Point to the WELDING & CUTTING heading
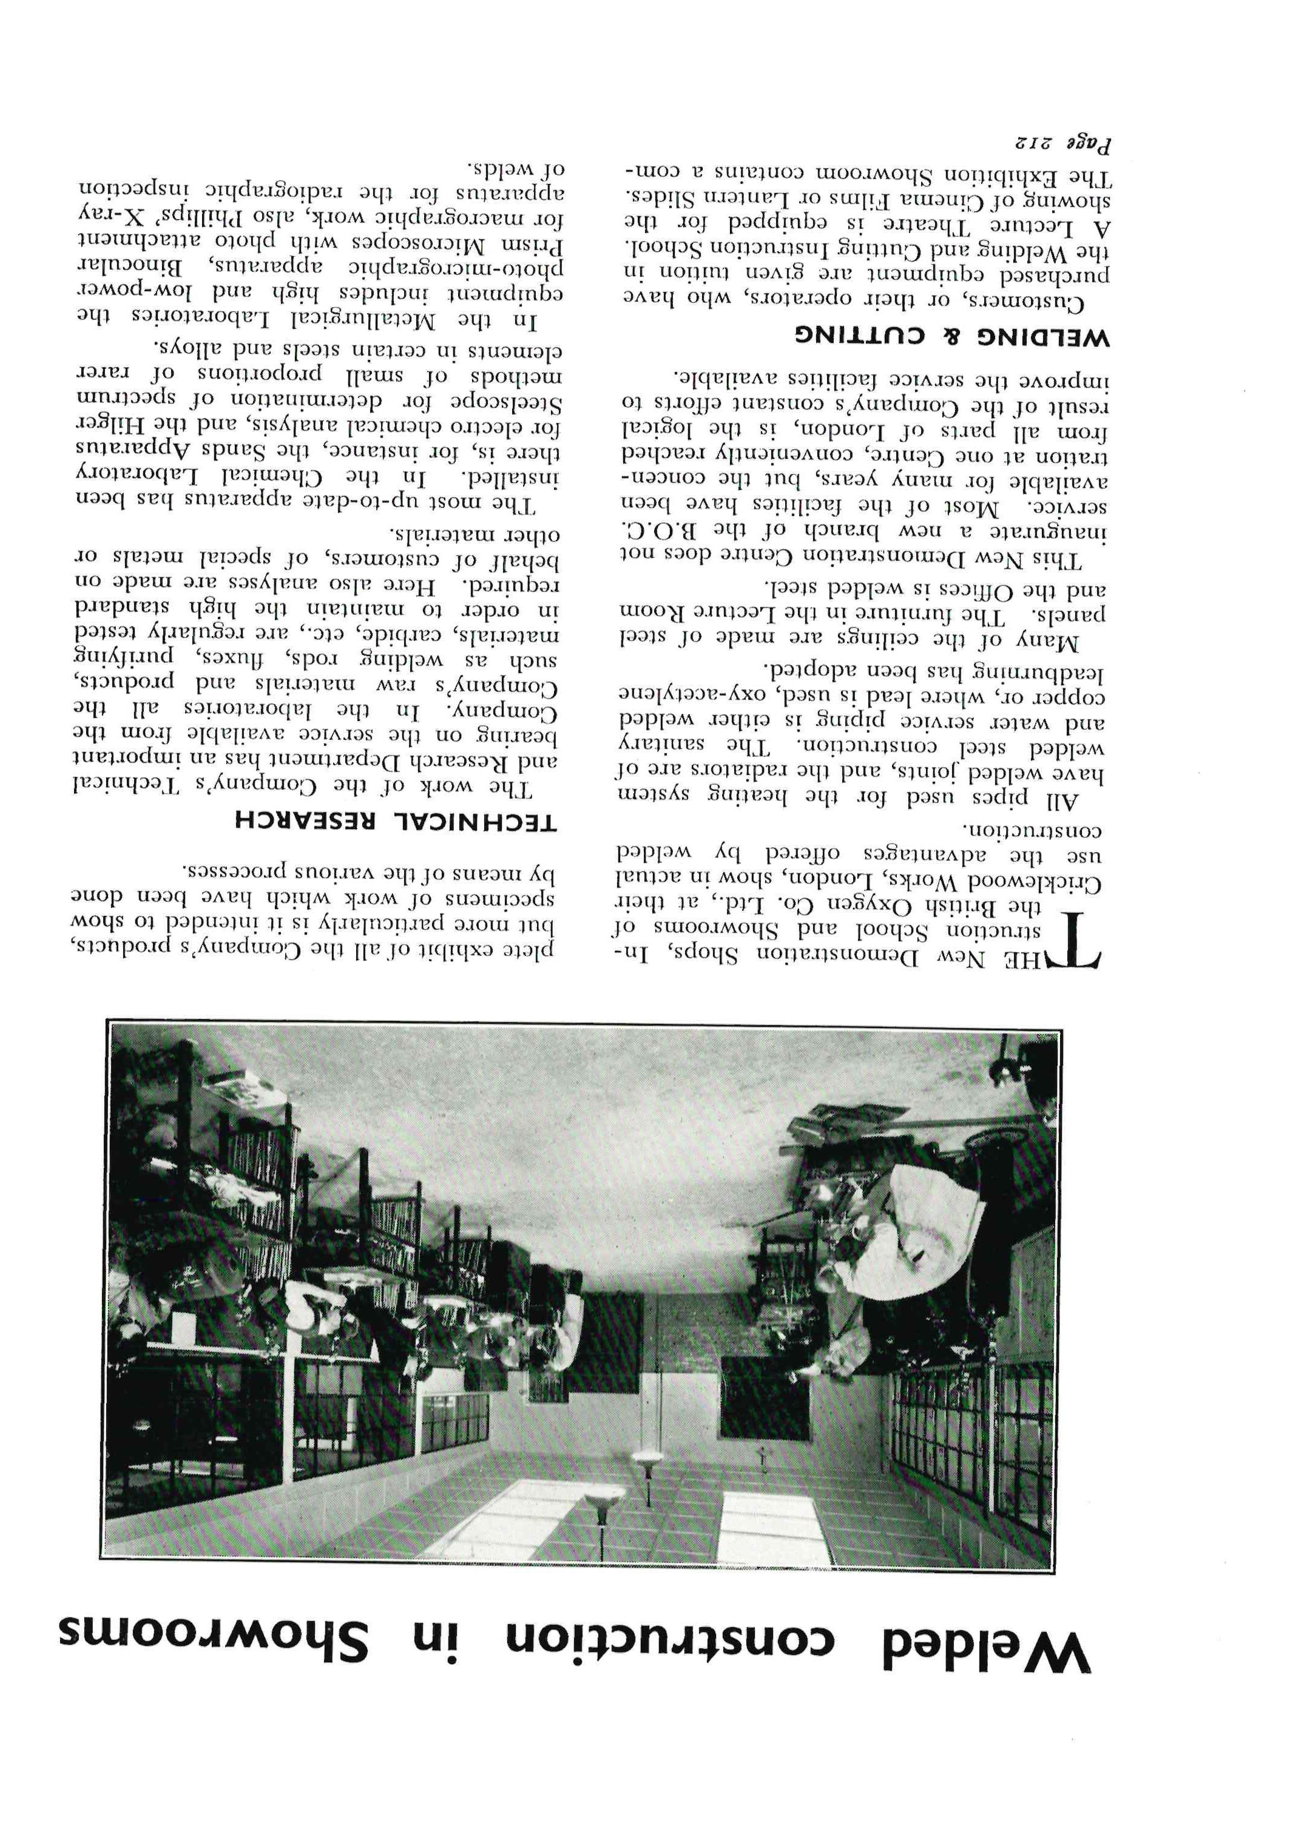952,336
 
